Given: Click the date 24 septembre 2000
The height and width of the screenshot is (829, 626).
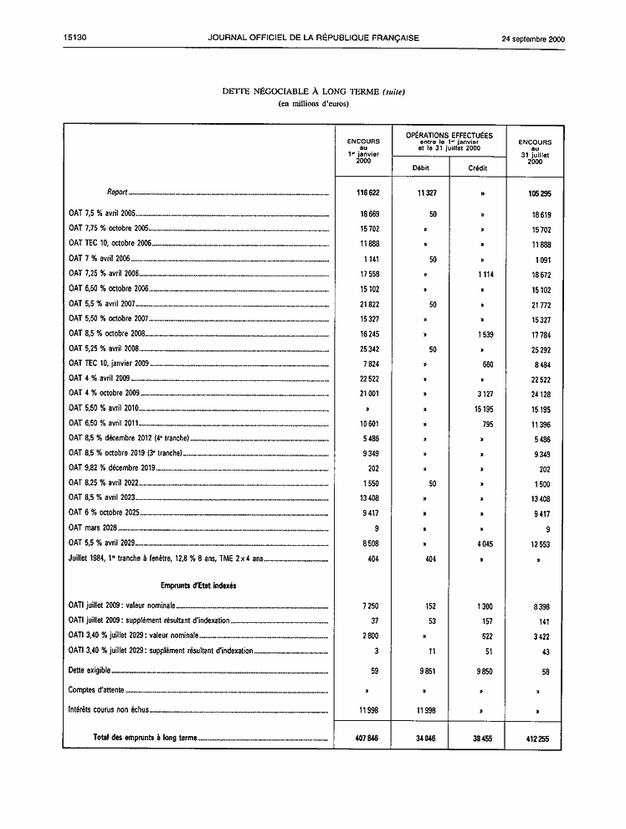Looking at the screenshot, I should (x=533, y=38).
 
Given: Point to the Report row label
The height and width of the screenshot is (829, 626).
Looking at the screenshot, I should (x=116, y=193).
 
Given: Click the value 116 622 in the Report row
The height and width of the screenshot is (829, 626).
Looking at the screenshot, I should (x=363, y=193).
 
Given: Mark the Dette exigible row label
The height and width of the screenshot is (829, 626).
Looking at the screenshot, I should (x=90, y=670).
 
